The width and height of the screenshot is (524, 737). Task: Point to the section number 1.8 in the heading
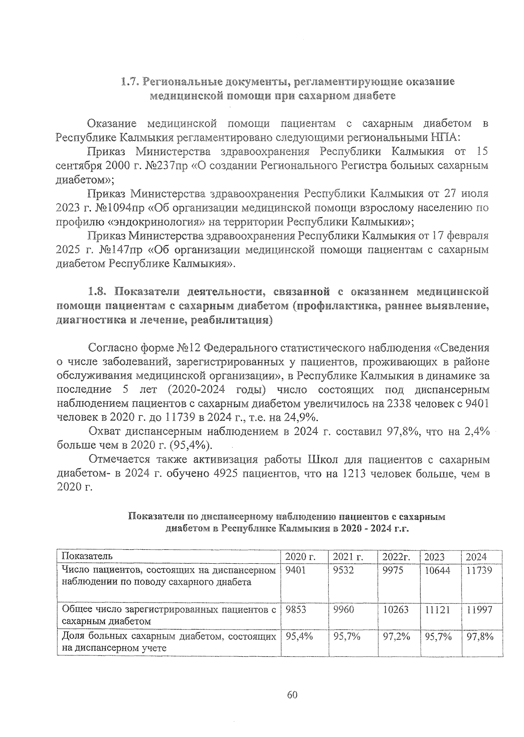97,291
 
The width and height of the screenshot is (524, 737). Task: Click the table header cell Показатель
87,556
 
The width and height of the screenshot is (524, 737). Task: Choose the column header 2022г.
396,557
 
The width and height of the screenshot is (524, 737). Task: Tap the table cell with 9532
343,570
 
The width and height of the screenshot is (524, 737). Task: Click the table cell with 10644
437,570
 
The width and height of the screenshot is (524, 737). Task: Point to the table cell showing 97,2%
396,637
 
